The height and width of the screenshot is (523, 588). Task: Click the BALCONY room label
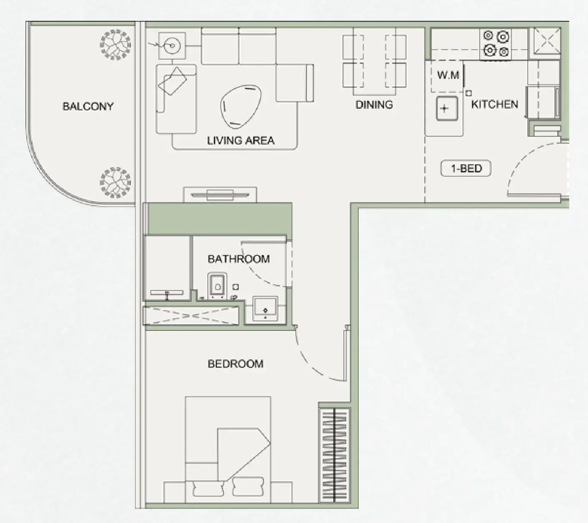pos(88,106)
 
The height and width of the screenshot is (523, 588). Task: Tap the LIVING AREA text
pos(241,140)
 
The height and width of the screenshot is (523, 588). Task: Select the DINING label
pos(374,105)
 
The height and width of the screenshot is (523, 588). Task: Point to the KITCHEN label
pos(495,104)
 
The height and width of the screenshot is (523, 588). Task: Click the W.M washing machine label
pos(448,75)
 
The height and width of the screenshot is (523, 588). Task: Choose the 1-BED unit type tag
pos(466,169)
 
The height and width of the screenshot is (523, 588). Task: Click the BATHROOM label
pos(239,259)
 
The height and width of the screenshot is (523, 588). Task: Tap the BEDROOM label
pos(235,364)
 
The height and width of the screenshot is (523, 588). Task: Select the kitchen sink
pos(447,109)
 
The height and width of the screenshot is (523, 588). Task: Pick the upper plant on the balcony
pos(115,44)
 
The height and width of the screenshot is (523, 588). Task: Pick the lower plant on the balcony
pos(115,183)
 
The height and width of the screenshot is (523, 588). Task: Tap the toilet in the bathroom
pos(217,286)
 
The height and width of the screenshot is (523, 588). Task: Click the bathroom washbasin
pos(265,309)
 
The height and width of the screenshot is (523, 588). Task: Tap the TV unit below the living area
pos(220,195)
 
